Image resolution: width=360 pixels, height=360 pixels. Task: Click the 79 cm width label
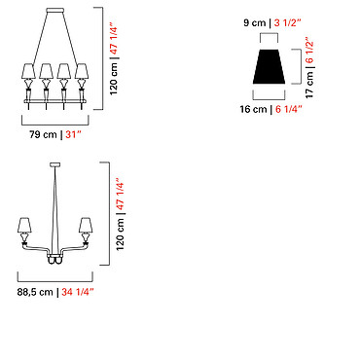click(43, 134)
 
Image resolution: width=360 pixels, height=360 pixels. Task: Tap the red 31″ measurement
click(73, 134)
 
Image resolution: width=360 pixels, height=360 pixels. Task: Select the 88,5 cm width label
click(35, 292)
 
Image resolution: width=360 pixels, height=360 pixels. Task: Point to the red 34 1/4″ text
click(78, 292)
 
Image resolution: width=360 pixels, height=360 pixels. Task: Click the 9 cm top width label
click(254, 23)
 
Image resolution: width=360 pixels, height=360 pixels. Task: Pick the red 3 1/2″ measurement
click(287, 23)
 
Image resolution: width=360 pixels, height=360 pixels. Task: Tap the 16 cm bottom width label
click(253, 109)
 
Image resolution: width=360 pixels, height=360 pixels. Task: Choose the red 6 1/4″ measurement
click(289, 109)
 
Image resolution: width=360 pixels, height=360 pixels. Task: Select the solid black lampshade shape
click(269, 66)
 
